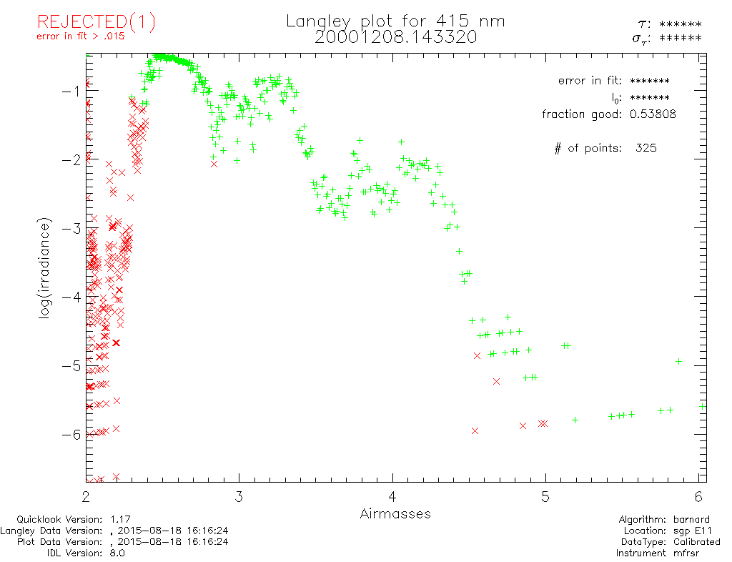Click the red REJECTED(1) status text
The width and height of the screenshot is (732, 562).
click(x=96, y=22)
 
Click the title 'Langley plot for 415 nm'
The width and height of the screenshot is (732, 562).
click(x=395, y=21)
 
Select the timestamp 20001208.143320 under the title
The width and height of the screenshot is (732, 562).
click(x=395, y=37)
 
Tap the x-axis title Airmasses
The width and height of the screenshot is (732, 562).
click(x=395, y=513)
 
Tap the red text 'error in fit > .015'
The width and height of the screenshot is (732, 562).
click(x=81, y=37)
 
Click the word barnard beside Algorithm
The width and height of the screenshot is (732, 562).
click(x=696, y=519)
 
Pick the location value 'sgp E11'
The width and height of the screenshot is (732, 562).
click(x=696, y=531)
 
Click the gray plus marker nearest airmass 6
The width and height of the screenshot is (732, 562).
click(x=678, y=361)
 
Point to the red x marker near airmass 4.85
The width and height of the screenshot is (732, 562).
click(x=523, y=425)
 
